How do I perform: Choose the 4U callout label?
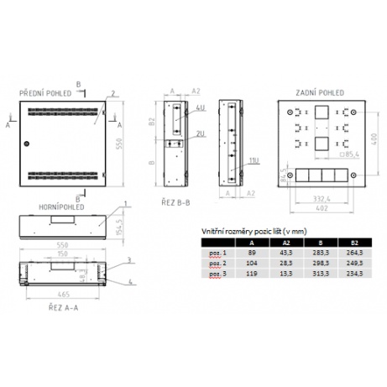tap(201, 108)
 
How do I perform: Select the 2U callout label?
tap(201, 134)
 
